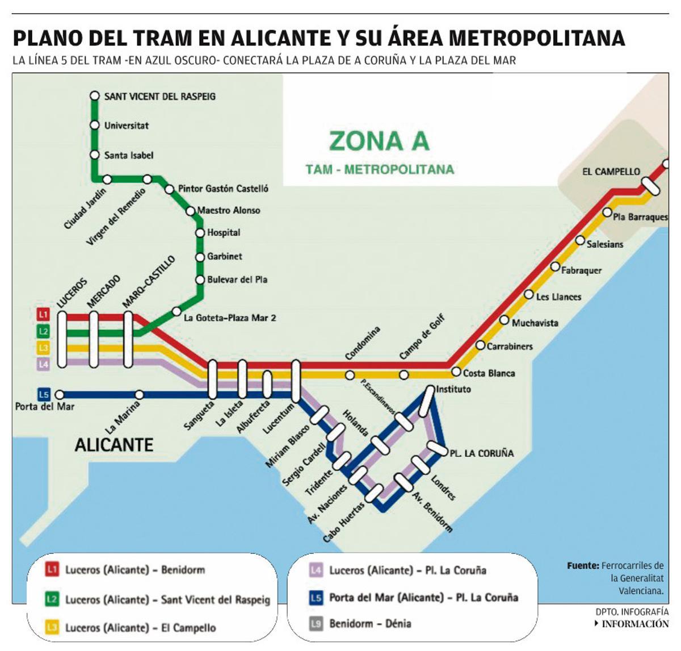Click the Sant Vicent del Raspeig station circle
tap(95, 96)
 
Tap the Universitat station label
tap(126, 126)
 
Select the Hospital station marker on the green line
tap(200, 232)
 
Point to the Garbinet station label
tap(224, 257)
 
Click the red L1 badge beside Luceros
tap(44, 314)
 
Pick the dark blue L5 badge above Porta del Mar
tap(44, 394)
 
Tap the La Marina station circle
tap(139, 395)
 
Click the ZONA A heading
tap(379, 141)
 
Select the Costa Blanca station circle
tap(456, 372)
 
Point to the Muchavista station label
tap(535, 323)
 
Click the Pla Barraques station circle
tap(607, 212)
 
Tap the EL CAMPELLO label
tap(611, 172)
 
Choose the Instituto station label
tap(453, 390)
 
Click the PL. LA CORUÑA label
tap(481, 453)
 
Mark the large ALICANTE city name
tap(114, 445)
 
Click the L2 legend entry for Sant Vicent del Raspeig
tap(167, 599)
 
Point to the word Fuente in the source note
tap(583, 566)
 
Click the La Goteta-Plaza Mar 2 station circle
tap(176, 311)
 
